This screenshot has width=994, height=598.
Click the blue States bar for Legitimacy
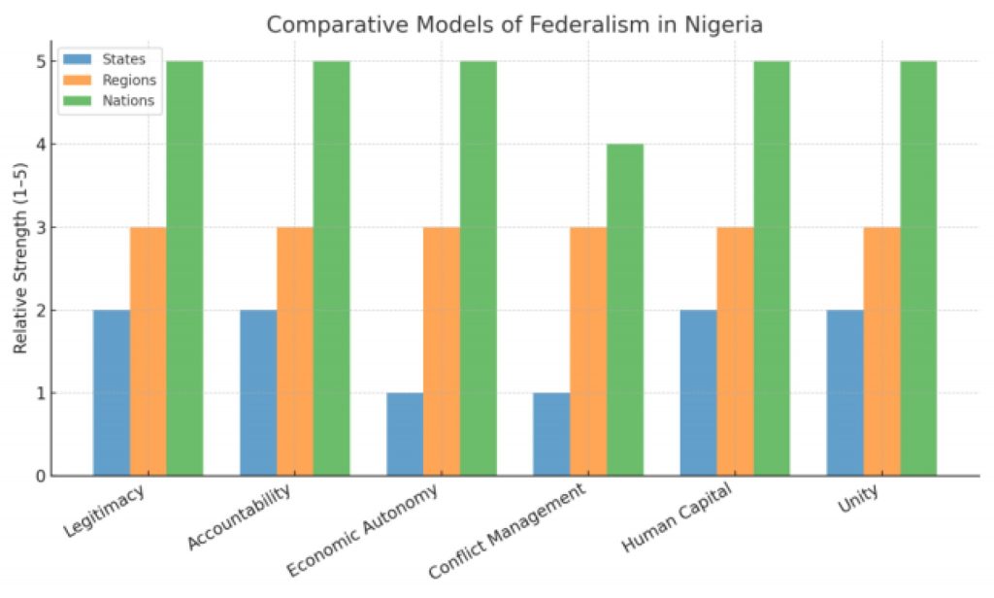(112, 393)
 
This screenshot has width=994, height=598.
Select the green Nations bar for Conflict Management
(625, 311)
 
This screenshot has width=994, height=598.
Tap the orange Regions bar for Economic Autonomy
(442, 351)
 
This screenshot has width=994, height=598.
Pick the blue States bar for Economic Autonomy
(405, 434)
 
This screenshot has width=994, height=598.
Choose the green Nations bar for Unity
(918, 269)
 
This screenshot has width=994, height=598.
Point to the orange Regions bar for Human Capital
(735, 351)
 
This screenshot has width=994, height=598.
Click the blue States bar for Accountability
(258, 393)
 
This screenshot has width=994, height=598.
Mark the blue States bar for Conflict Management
(551, 434)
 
